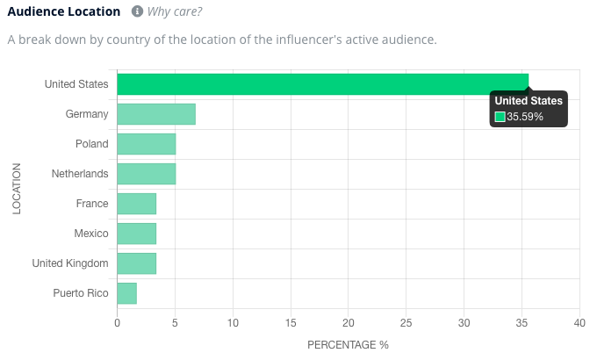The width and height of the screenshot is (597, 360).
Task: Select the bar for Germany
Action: pos(156,114)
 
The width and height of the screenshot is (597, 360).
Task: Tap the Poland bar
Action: pos(146,144)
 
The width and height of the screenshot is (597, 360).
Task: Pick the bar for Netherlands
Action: pos(146,174)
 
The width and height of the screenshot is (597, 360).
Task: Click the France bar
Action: pos(136,204)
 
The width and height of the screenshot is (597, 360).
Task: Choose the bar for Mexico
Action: pos(136,234)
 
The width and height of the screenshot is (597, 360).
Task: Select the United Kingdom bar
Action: pos(136,263)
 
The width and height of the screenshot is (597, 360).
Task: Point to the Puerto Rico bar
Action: pos(126,293)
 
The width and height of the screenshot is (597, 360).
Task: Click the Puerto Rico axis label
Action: pos(81,293)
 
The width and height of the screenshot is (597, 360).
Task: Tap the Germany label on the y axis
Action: pos(87,114)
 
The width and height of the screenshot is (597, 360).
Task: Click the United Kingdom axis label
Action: pos(70,263)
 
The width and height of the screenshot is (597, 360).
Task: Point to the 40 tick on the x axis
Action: pos(579,323)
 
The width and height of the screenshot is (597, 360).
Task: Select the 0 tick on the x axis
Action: pos(117,323)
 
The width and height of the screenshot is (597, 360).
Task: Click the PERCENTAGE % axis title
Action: pos(348,345)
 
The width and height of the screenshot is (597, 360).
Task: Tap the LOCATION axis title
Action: pos(17,188)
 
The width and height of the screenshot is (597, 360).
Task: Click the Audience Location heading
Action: pos(64,12)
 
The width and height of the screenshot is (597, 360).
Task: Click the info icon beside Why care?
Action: pos(137,12)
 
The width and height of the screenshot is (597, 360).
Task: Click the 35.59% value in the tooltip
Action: pos(525,117)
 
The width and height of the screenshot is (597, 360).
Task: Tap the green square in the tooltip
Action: pos(500,117)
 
